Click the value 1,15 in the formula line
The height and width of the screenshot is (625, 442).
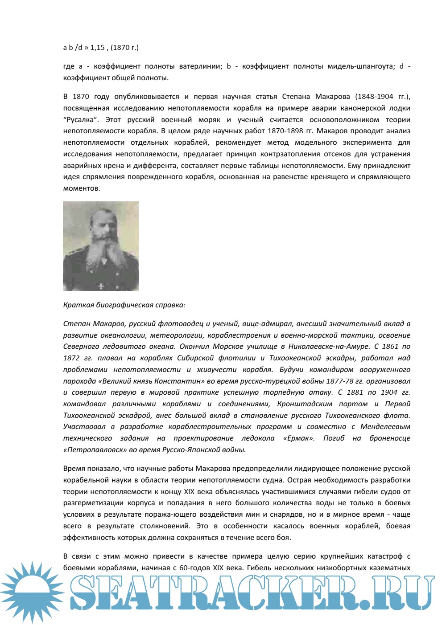tap(97, 48)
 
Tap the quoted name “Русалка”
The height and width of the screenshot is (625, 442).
tap(80, 120)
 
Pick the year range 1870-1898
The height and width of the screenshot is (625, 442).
tap(285, 131)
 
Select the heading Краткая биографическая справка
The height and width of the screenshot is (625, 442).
tap(124, 305)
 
